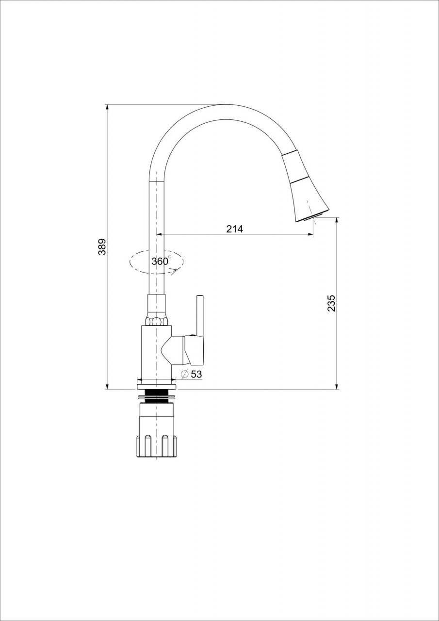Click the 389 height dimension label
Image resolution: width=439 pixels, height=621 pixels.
[x=102, y=246]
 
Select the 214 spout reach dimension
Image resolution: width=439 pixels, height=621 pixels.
[x=234, y=229]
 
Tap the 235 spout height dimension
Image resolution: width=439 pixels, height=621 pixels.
[x=331, y=303]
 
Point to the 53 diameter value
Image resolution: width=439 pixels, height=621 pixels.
[x=196, y=374]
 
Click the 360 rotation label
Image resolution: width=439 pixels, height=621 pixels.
[x=160, y=261]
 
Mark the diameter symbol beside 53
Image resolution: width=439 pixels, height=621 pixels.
[x=185, y=374]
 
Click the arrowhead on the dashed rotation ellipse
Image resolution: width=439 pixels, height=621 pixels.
[x=175, y=271]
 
